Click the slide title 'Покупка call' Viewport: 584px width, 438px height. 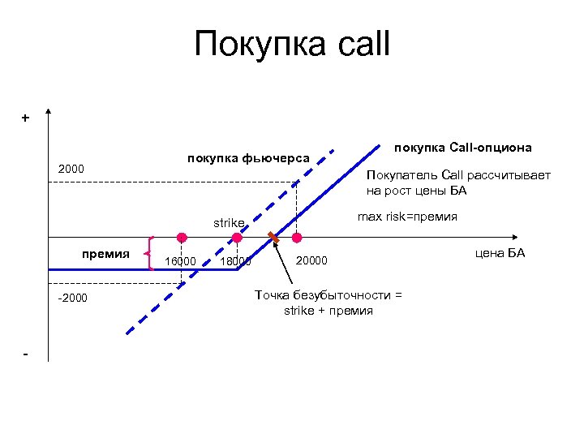[x=292, y=44]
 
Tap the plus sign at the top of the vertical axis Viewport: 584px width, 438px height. [x=25, y=118]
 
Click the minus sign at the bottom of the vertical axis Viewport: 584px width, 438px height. [x=26, y=355]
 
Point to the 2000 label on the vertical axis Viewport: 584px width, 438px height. [x=71, y=169]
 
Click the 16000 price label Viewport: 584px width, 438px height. [x=180, y=261]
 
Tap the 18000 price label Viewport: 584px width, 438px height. [x=235, y=261]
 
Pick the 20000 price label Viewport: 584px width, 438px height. [x=311, y=260]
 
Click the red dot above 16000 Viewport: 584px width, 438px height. [x=182, y=238]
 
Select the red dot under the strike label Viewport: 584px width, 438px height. [x=236, y=238]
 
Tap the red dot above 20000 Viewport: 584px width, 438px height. [x=297, y=238]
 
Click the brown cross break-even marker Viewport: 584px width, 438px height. [x=274, y=238]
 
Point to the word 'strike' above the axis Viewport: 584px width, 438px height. [x=228, y=221]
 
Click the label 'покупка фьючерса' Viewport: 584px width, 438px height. [x=248, y=157]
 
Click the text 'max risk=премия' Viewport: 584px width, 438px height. [x=407, y=217]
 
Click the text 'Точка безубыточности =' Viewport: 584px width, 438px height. [x=328, y=295]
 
